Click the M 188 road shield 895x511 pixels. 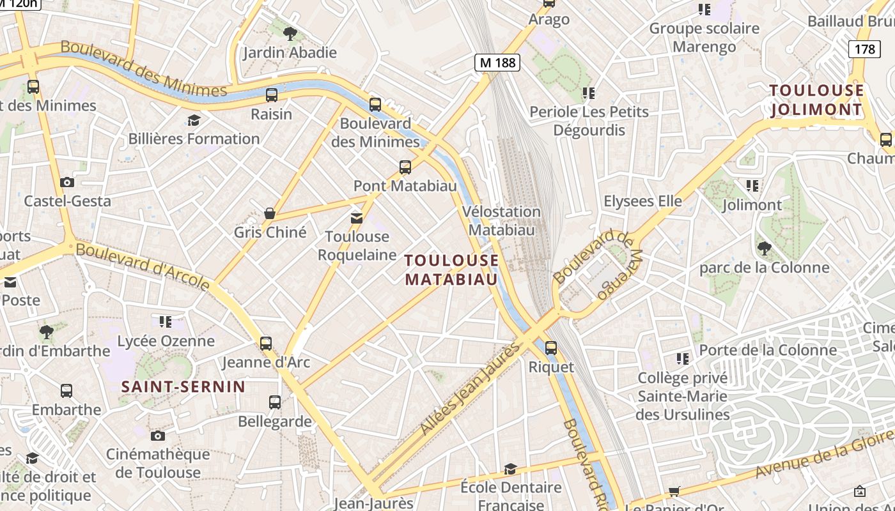497,63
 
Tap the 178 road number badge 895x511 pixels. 864,49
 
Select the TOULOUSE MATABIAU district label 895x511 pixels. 451,270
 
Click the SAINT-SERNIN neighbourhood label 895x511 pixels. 183,386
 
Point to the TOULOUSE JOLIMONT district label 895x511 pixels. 816,100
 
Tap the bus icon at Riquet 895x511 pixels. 550,348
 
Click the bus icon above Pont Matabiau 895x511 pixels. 405,167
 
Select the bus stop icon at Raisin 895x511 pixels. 271,95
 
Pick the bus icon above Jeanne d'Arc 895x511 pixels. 266,344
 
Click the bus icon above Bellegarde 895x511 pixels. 275,402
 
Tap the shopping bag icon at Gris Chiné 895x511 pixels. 270,213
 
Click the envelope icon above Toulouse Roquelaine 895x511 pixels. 357,218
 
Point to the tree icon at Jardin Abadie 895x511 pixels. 290,33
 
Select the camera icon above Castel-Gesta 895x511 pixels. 67,183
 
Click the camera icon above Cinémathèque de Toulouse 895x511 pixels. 158,436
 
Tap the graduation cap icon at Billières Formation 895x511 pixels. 193,120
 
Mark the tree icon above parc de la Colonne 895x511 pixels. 764,248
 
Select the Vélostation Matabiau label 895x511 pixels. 501,220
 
